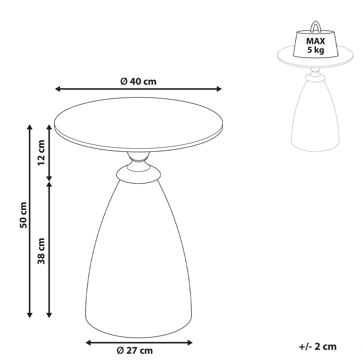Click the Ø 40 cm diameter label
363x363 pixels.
coord(138,82)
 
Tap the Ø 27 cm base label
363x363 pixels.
coord(135,351)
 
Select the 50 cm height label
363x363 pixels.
coord(23,215)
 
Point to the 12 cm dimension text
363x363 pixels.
coord(41,153)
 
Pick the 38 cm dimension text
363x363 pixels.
coord(41,251)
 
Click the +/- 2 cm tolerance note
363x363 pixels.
coord(318,346)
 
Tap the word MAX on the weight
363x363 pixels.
coord(316,41)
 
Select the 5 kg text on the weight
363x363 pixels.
coord(316,50)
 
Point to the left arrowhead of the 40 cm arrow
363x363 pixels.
coord(57,89)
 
